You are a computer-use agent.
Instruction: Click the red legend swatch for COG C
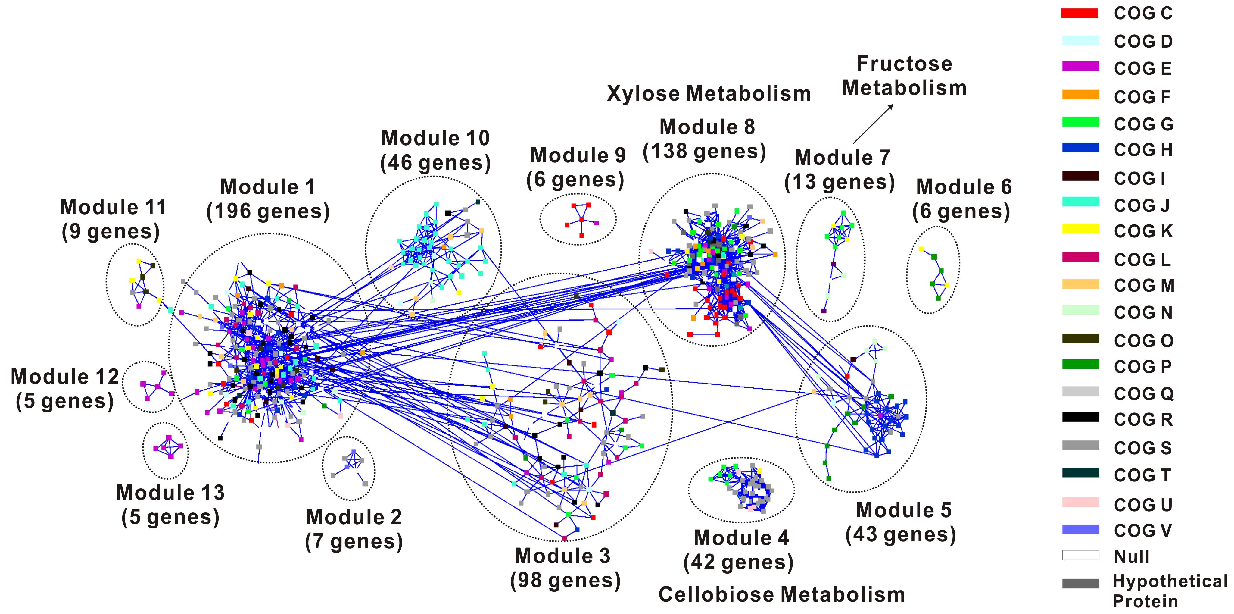point(1080,14)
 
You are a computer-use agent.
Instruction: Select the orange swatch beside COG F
point(1080,95)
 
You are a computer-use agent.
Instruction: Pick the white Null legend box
point(1080,555)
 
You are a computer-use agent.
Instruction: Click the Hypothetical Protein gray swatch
point(1080,583)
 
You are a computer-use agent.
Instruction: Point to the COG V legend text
point(1142,531)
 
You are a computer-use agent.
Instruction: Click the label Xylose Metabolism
point(709,93)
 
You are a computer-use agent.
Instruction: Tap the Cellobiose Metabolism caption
point(781,594)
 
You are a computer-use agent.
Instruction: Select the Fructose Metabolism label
point(904,76)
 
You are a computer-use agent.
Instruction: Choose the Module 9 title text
point(578,155)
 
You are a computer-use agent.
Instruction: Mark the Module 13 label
point(170,492)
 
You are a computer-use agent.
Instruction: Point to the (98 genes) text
point(565,581)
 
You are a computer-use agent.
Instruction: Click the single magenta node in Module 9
point(597,223)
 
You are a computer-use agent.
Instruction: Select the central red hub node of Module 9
point(581,220)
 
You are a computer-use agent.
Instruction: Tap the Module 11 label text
point(113,207)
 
